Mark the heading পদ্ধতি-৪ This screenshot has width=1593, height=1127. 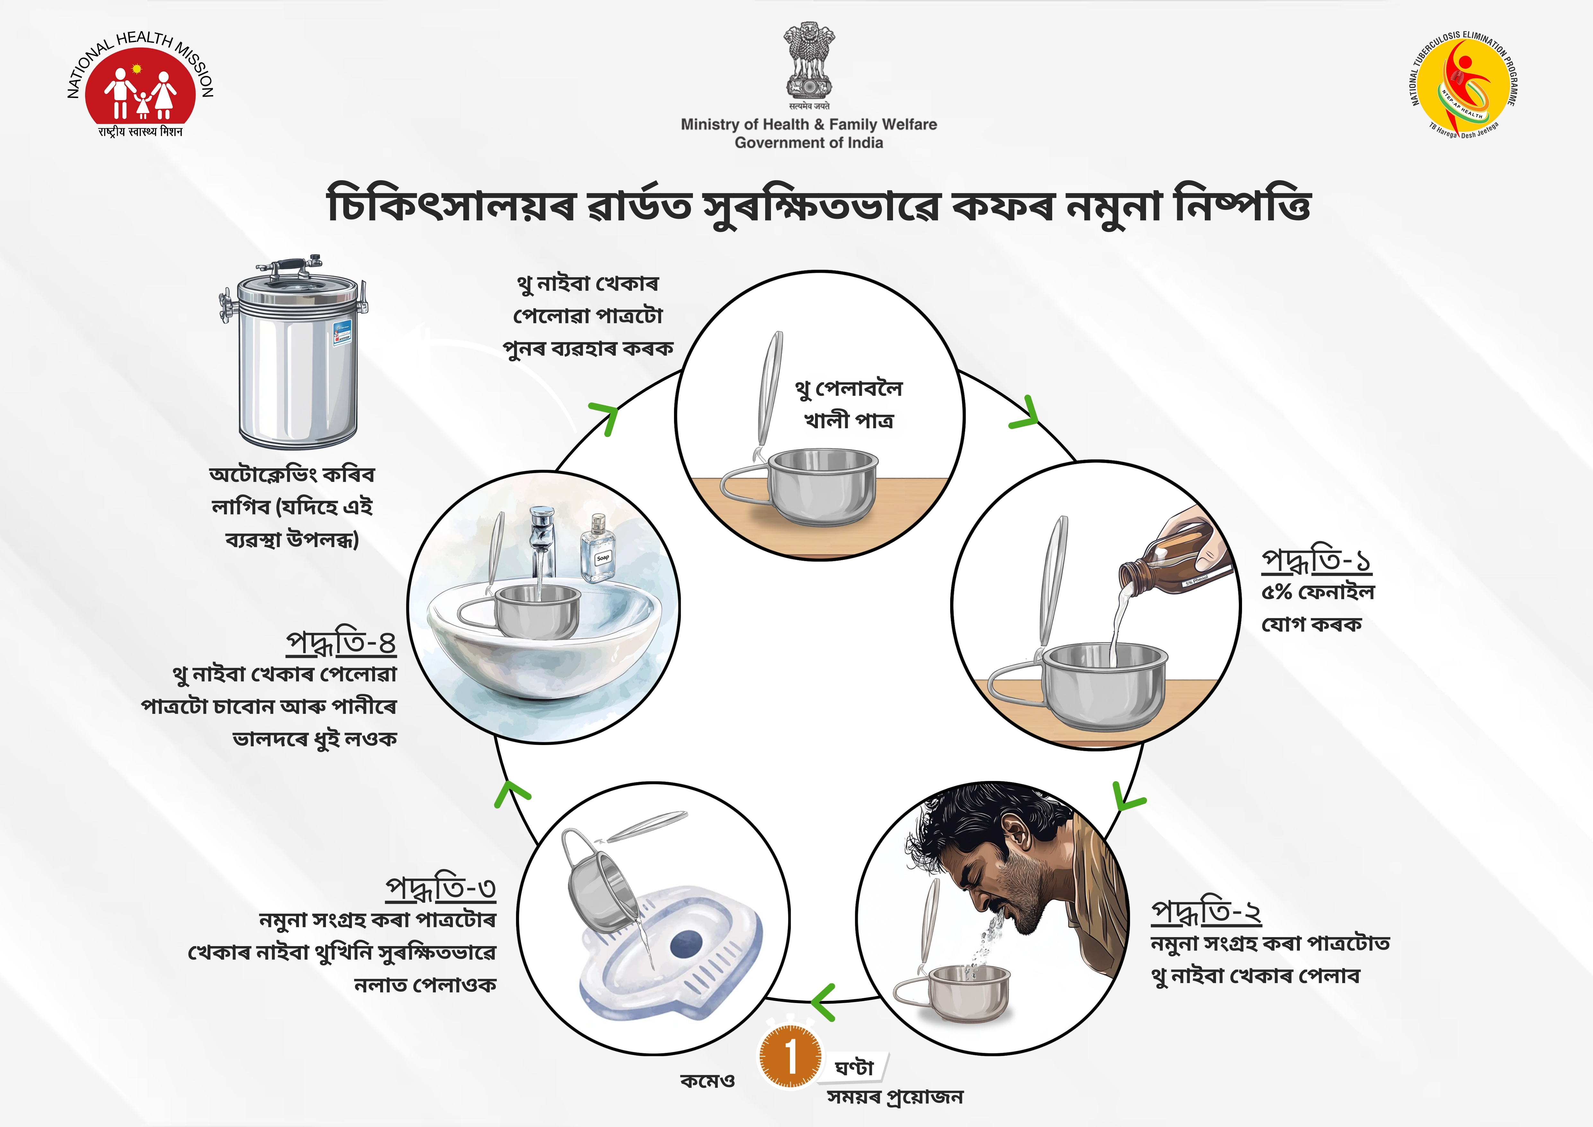point(341,643)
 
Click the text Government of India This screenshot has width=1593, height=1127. point(809,143)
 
